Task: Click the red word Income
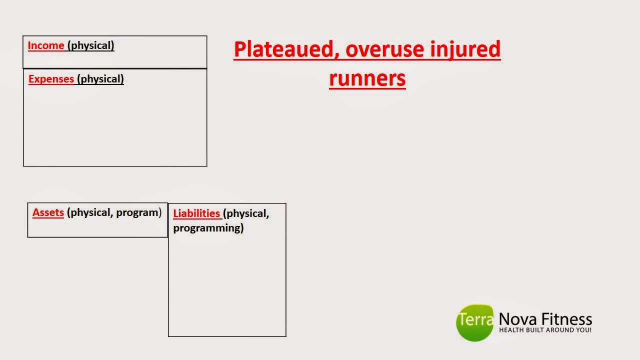coord(45,45)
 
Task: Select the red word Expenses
coord(51,79)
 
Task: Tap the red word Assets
coord(48,212)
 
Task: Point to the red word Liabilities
coord(196,213)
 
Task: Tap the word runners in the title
coord(367,78)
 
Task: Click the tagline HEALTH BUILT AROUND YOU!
coord(545,330)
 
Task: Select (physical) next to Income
coord(90,45)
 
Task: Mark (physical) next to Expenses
coord(100,79)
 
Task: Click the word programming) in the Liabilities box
coord(208,228)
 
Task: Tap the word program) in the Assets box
coord(138,212)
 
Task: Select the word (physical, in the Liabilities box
coord(246,213)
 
